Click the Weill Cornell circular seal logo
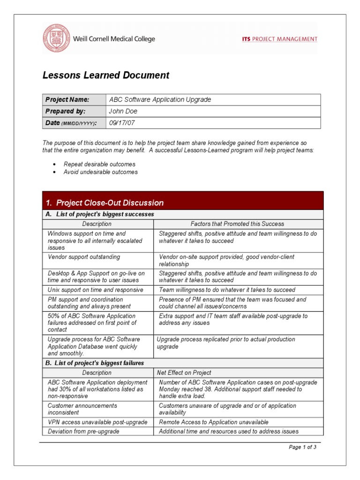(56, 39)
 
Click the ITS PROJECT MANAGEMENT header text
(279, 39)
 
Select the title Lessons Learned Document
(106, 75)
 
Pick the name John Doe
(123, 112)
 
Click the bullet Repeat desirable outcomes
(99, 165)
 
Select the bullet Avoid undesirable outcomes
(101, 172)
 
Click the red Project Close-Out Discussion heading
(110, 203)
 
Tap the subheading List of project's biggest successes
(104, 215)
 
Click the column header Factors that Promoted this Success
(237, 224)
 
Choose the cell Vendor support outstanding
(84, 257)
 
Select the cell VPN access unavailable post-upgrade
(97, 422)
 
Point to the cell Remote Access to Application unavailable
(214, 422)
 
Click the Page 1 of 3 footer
(302, 447)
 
